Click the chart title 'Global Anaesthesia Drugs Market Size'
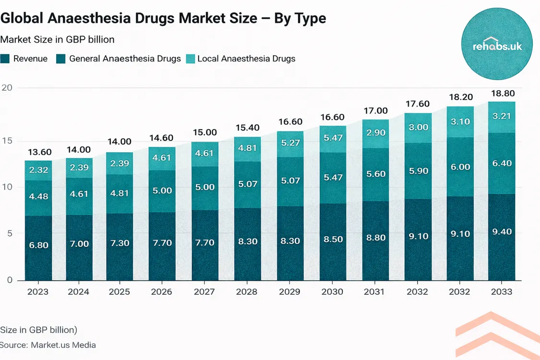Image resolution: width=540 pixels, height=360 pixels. coord(163,18)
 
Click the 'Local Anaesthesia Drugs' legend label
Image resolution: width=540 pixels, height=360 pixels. coord(246,59)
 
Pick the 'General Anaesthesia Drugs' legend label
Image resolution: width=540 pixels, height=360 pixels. coord(125,59)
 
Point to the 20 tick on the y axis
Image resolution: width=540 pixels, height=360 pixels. coord(7,88)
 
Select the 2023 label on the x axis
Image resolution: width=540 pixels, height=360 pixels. coord(38,292)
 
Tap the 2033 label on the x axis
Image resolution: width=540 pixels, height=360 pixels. coord(502,292)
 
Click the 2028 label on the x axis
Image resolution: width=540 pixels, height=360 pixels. coord(247,292)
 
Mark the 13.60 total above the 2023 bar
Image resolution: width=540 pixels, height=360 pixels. coord(38,152)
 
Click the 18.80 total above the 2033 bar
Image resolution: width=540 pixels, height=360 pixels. coord(502,94)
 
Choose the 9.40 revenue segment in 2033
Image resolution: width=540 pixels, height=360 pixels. coord(502,232)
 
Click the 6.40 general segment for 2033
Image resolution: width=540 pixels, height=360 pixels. coord(502,163)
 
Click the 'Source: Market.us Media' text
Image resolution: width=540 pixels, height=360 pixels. coord(48,345)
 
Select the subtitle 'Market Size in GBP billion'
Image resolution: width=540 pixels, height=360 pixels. coord(57,39)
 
